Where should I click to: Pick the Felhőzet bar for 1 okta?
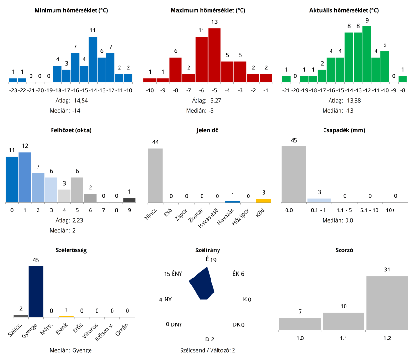point(25,177)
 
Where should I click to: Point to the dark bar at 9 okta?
point(129,200)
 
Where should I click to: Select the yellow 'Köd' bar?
point(263,201)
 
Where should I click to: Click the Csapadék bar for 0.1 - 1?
point(319,200)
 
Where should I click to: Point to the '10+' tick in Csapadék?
point(390,210)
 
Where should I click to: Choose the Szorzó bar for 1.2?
point(387,303)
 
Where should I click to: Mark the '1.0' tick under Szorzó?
point(300,337)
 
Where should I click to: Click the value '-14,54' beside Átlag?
point(79,100)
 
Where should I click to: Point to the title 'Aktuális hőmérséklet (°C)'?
point(344,10)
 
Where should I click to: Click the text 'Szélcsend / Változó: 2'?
point(207,350)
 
